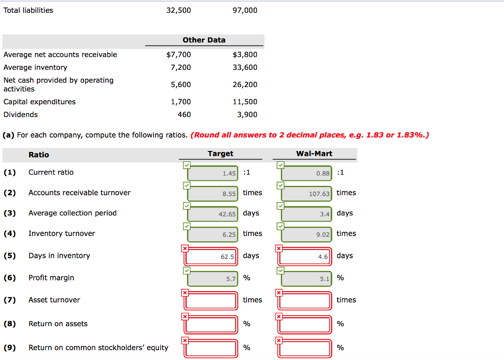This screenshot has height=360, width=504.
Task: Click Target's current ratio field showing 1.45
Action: tap(213, 173)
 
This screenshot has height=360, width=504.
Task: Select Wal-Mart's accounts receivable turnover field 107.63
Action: tap(306, 193)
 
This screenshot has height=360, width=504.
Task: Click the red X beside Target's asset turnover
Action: tap(185, 293)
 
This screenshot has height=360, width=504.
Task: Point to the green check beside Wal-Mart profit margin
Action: tap(279, 271)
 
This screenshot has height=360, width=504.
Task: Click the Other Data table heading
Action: tap(204, 40)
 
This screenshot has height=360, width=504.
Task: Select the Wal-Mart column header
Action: tap(314, 153)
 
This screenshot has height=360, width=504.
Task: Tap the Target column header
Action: tap(220, 153)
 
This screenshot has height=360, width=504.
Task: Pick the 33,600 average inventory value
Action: tap(245, 67)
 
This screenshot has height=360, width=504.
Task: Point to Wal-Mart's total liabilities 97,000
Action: tap(245, 10)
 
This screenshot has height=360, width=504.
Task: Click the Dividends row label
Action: tap(21, 115)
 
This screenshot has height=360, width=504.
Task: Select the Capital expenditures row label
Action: tap(39, 102)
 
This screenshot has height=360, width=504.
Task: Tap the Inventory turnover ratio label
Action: tap(62, 234)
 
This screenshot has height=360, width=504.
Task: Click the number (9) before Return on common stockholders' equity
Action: tap(9, 348)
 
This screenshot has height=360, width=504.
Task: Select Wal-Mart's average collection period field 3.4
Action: tap(306, 214)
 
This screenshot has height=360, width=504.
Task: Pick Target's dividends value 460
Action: tap(184, 115)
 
